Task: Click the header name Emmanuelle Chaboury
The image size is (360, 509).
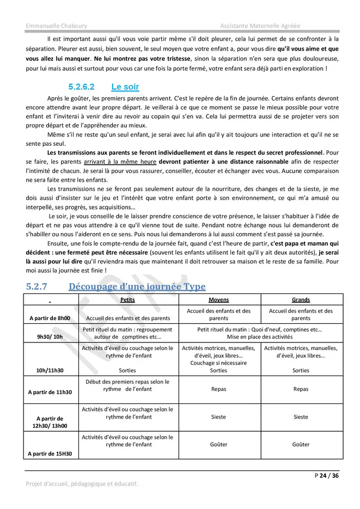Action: pyautogui.click(x=56, y=26)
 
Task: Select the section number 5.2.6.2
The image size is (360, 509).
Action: pyautogui.click(x=82, y=87)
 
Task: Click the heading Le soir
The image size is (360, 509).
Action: pyautogui.click(x=125, y=87)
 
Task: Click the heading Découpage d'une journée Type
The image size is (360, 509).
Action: pyautogui.click(x=137, y=286)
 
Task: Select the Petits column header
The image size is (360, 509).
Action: pyautogui.click(x=127, y=300)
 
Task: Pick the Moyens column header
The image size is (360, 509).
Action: pyautogui.click(x=218, y=300)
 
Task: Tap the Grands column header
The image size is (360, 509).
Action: pyautogui.click(x=301, y=300)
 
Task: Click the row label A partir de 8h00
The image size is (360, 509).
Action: pyautogui.click(x=50, y=318)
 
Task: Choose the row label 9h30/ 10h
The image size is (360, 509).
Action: pyautogui.click(x=50, y=337)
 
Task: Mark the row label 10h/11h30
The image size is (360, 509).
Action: pyautogui.click(x=50, y=370)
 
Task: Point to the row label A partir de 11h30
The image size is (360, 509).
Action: pyautogui.click(x=50, y=391)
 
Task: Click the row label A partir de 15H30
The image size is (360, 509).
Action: pyautogui.click(x=50, y=453)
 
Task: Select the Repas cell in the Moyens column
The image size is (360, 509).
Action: pyautogui.click(x=218, y=389)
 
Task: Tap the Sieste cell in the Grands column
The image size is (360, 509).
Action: pyautogui.click(x=301, y=417)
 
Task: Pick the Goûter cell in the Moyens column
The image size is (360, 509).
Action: pyautogui.click(x=218, y=444)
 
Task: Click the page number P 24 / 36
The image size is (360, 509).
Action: pyautogui.click(x=327, y=475)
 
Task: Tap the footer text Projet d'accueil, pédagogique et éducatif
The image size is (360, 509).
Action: pyautogui.click(x=82, y=483)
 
